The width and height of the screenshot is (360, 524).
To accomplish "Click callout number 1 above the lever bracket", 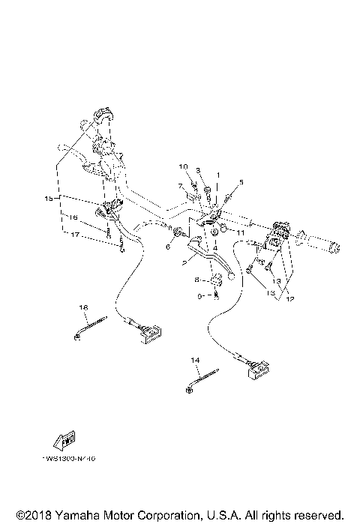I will pyautogui.click(x=218, y=174).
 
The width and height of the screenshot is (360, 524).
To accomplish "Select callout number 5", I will pyautogui.click(x=241, y=182).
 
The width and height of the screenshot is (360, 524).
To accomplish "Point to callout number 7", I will pyautogui.click(x=180, y=184).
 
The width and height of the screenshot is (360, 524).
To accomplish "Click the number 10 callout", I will pyautogui.click(x=182, y=166).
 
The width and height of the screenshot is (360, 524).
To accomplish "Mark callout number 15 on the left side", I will pyautogui.click(x=49, y=198).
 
